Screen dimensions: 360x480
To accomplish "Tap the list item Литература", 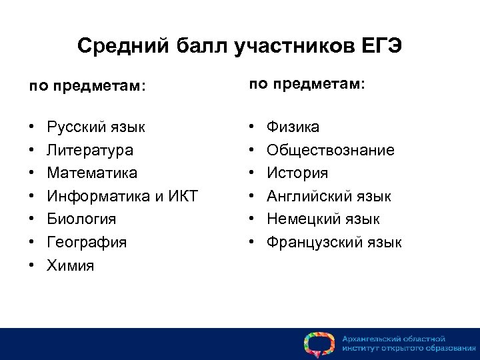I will pyautogui.click(x=89, y=150).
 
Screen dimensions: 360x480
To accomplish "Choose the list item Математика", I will pyautogui.click(x=92, y=173).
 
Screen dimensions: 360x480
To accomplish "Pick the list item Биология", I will pyautogui.click(x=81, y=219).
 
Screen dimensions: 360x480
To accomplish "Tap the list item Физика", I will pyautogui.click(x=293, y=127).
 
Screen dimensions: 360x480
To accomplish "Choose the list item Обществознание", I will pyautogui.click(x=330, y=150).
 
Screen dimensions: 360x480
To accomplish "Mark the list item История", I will pyautogui.click(x=297, y=173).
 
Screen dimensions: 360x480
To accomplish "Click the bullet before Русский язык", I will pyautogui.click(x=31, y=127).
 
